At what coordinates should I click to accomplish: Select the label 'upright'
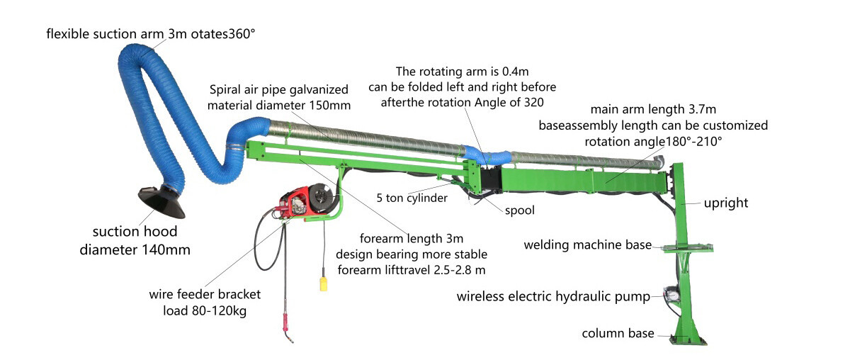pyautogui.click(x=726, y=203)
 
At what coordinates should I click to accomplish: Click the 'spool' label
pyautogui.click(x=521, y=211)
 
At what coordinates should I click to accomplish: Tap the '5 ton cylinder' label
pyautogui.click(x=412, y=198)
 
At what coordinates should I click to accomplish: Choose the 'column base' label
pyautogui.click(x=618, y=333)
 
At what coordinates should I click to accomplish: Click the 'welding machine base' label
pyautogui.click(x=587, y=245)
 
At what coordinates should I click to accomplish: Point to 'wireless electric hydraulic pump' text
pyautogui.click(x=552, y=296)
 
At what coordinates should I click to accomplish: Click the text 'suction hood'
pyautogui.click(x=134, y=232)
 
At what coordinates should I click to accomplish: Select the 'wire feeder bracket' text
pyautogui.click(x=205, y=294)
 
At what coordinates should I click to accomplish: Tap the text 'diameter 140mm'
pyautogui.click(x=135, y=249)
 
